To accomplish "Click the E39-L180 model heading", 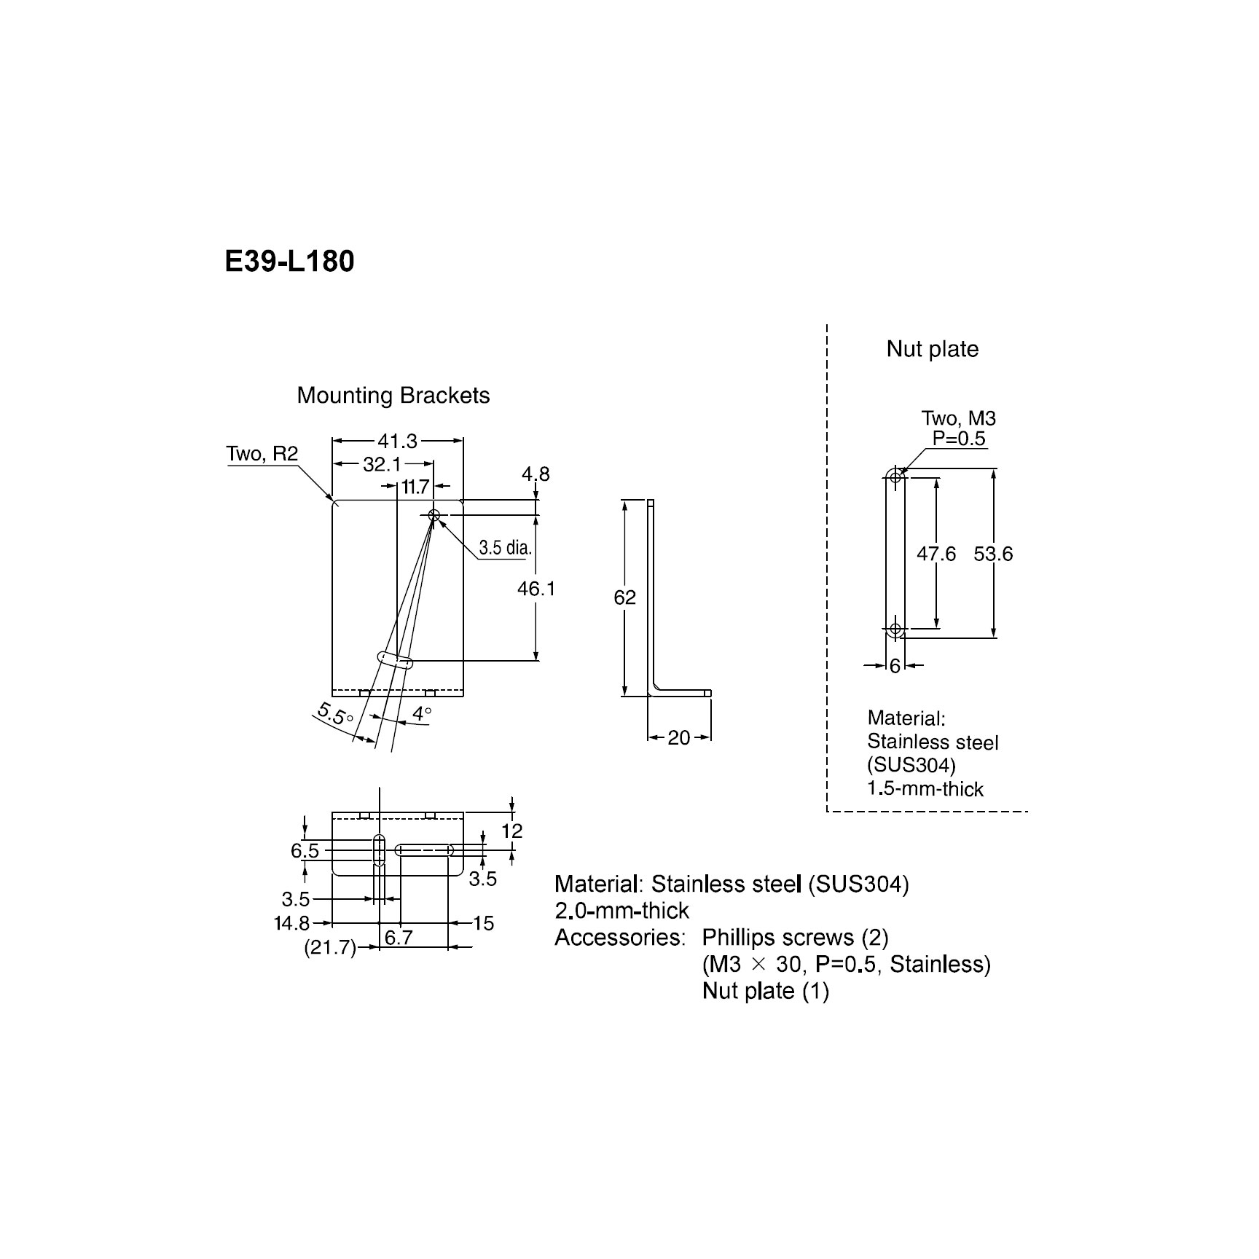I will (x=289, y=261).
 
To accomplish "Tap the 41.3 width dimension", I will (x=397, y=441).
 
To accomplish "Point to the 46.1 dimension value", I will (x=536, y=588).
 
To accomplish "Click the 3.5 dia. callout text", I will (x=505, y=547).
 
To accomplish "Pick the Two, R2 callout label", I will (x=262, y=453).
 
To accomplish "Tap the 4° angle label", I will (x=422, y=713).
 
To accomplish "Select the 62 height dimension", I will (x=625, y=597).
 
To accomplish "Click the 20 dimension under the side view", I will (x=678, y=738).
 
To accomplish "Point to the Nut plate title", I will (x=932, y=349).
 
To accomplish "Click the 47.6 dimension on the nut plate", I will (x=936, y=554).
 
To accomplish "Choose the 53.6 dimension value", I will (x=993, y=554).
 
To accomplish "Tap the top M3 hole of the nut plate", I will (x=895, y=477).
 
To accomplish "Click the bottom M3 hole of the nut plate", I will (x=895, y=628).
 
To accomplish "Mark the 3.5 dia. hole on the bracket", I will (x=434, y=515).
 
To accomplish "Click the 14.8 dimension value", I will (x=292, y=923).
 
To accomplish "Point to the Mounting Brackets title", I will (x=393, y=396).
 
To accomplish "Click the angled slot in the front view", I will (x=395, y=659).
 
